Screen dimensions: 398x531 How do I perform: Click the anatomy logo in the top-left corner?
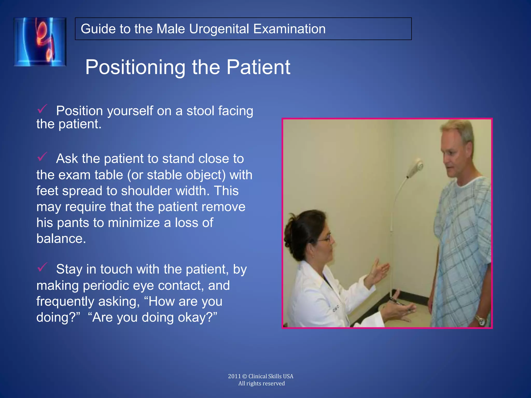point(40,42)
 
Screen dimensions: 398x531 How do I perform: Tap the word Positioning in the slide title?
point(135,67)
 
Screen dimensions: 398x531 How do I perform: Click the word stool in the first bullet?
point(200,111)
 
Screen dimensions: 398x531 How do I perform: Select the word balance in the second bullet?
point(61,239)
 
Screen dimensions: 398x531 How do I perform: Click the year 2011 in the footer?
point(234,376)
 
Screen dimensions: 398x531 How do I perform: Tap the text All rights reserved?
point(261,383)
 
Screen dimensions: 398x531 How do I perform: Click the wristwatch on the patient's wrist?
point(480,320)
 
